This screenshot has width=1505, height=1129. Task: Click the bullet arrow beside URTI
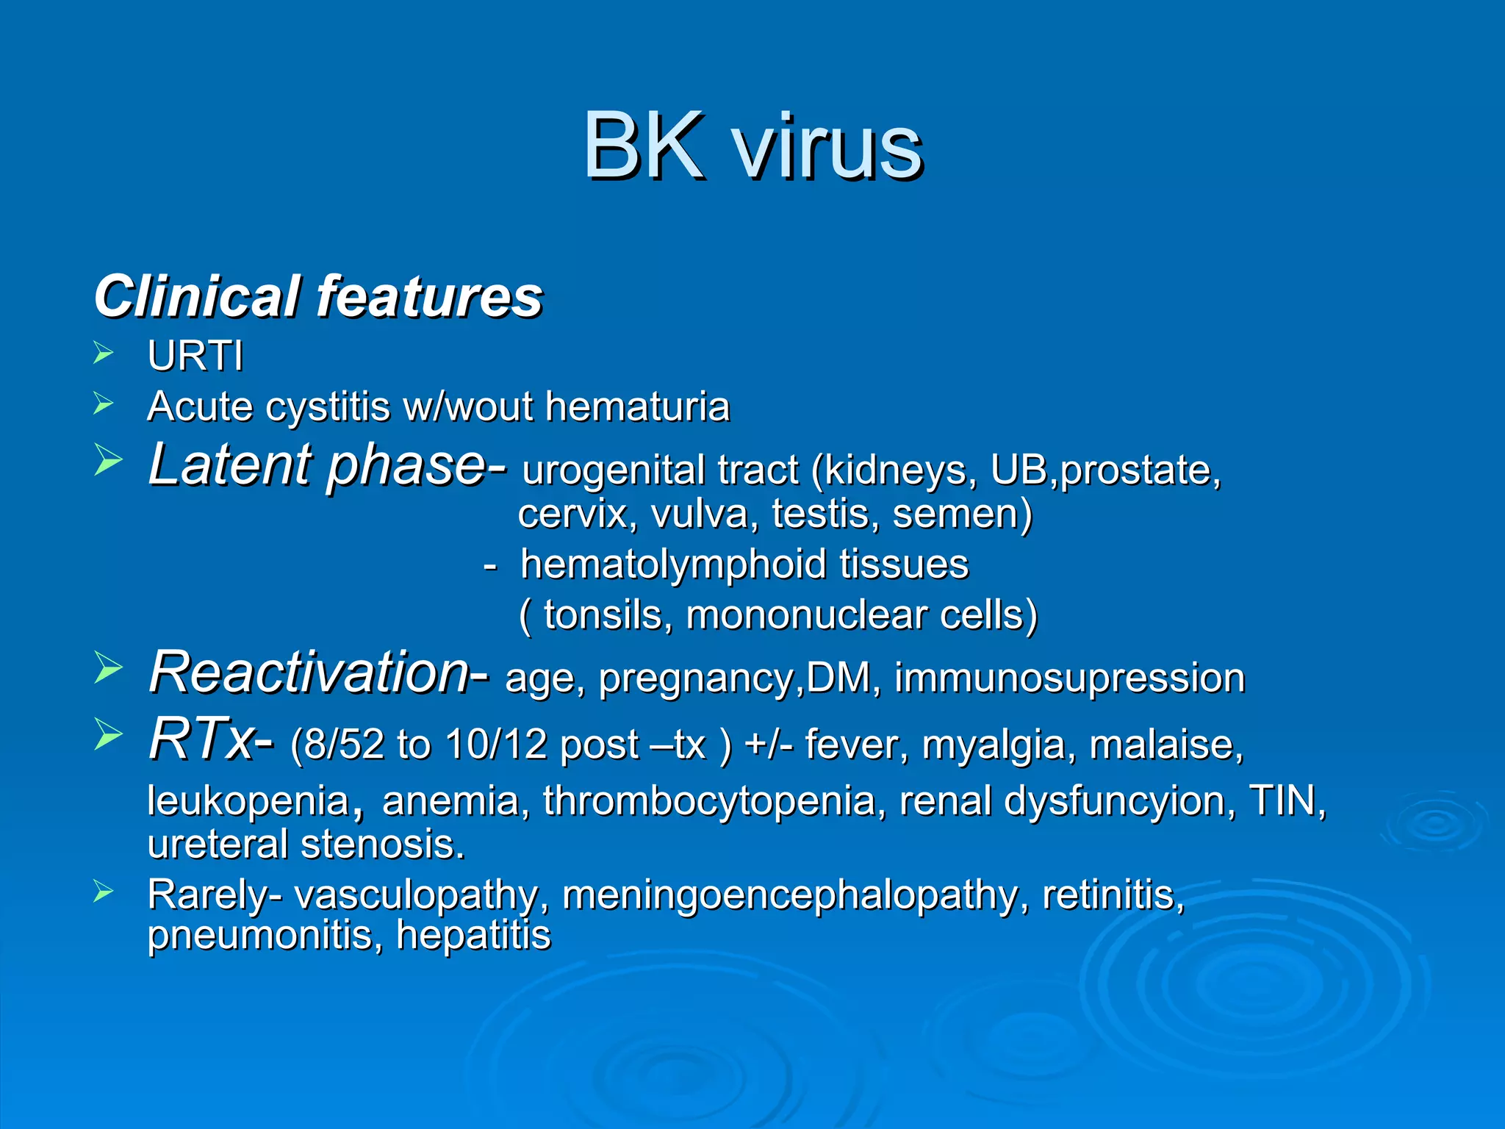[x=104, y=354]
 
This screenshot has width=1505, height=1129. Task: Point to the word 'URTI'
[x=195, y=356]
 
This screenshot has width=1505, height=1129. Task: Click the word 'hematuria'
[x=637, y=406]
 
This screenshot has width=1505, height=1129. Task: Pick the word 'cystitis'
[x=328, y=406]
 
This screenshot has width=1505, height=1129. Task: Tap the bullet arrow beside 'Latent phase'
[x=107, y=462]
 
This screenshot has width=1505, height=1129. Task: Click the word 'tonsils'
[x=603, y=614]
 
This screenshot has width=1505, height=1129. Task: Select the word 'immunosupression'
[x=1069, y=678]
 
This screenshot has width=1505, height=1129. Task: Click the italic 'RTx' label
[x=201, y=739]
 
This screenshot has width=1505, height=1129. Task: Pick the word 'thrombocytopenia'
[x=709, y=800]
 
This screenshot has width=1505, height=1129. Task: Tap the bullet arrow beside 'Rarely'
[x=104, y=892]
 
